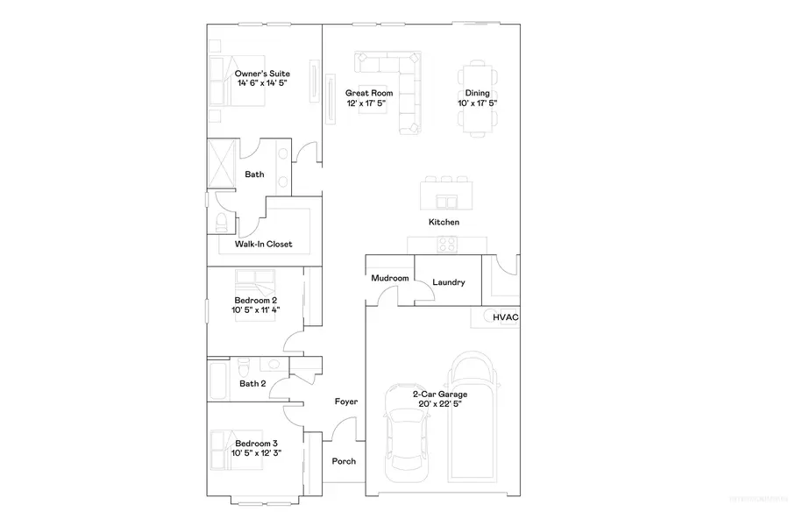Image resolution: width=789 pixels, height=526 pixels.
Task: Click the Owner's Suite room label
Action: click(262, 74)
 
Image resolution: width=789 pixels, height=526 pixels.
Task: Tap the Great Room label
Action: click(368, 93)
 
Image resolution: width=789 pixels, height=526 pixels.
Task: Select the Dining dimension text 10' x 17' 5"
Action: click(478, 103)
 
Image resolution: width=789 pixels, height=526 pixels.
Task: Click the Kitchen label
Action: click(444, 223)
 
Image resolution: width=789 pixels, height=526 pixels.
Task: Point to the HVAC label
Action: click(505, 317)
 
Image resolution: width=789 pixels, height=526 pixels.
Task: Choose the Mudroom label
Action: click(389, 279)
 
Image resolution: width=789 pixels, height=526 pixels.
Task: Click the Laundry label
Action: click(448, 282)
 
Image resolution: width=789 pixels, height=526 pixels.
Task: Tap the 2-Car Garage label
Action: click(440, 394)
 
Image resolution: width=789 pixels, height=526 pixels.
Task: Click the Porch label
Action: click(344, 461)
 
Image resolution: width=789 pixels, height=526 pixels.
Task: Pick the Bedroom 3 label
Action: click(256, 443)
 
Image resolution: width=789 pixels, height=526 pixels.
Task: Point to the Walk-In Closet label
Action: click(263, 245)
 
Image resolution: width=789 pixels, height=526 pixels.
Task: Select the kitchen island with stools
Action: click(446, 190)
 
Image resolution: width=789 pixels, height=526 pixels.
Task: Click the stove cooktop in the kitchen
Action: click(447, 245)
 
